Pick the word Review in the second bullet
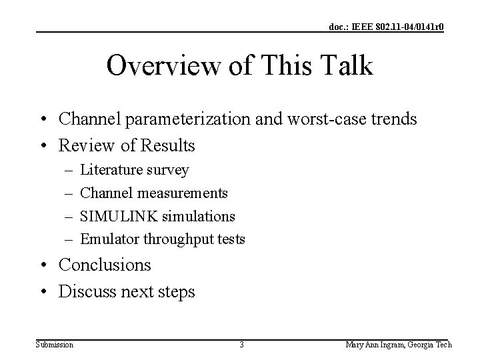pyautogui.click(x=83, y=145)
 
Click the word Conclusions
pyautogui.click(x=105, y=265)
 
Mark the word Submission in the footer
pyautogui.click(x=55, y=345)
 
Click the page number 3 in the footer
pyautogui.click(x=241, y=345)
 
